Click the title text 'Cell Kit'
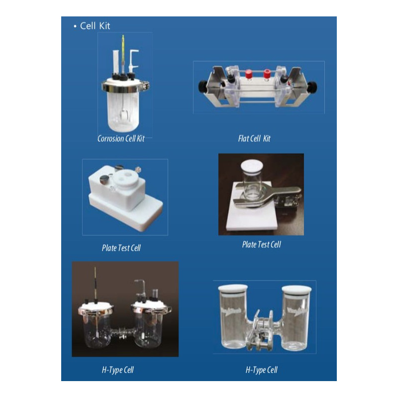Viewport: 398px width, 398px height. click(x=95, y=26)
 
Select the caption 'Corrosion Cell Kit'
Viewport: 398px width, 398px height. click(x=121, y=139)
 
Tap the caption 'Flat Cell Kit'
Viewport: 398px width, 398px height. click(x=254, y=139)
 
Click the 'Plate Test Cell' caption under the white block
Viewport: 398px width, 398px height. click(x=121, y=248)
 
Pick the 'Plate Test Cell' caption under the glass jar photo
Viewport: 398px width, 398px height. click(x=261, y=244)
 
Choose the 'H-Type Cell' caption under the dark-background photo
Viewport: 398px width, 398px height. click(x=117, y=370)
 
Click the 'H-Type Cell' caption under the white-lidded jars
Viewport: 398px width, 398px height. click(x=261, y=370)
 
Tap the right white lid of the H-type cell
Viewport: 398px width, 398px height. click(x=296, y=289)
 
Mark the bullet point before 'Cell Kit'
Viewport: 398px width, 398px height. click(x=75, y=26)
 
